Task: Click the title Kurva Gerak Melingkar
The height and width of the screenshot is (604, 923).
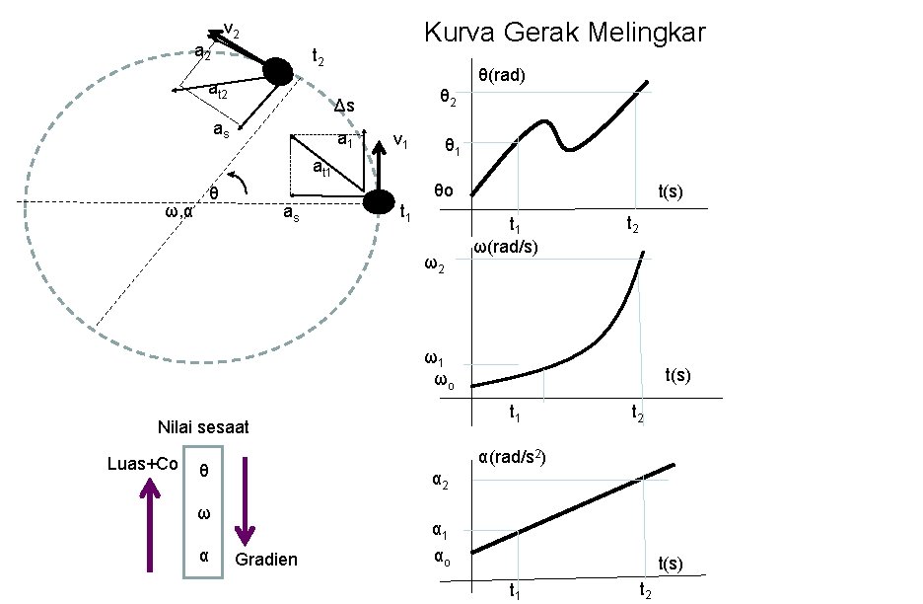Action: [x=564, y=33]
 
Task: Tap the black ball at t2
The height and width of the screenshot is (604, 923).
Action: [x=277, y=71]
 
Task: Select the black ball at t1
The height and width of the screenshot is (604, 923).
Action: [x=378, y=202]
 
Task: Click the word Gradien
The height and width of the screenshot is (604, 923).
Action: [x=266, y=561]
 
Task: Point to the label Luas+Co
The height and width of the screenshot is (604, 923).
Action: [x=141, y=462]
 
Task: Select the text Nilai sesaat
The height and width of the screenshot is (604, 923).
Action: [x=203, y=427]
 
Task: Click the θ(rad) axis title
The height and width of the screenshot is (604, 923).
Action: [x=502, y=75]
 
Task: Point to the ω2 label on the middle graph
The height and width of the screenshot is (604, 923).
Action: [x=433, y=264]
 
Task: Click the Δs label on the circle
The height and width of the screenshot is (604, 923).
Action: [x=344, y=106]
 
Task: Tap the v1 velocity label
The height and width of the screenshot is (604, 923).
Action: [x=401, y=140]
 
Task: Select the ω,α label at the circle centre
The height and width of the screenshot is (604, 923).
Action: [x=178, y=211]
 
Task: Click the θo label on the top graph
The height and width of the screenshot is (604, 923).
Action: [x=444, y=190]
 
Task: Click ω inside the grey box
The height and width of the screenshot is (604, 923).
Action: [x=203, y=513]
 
